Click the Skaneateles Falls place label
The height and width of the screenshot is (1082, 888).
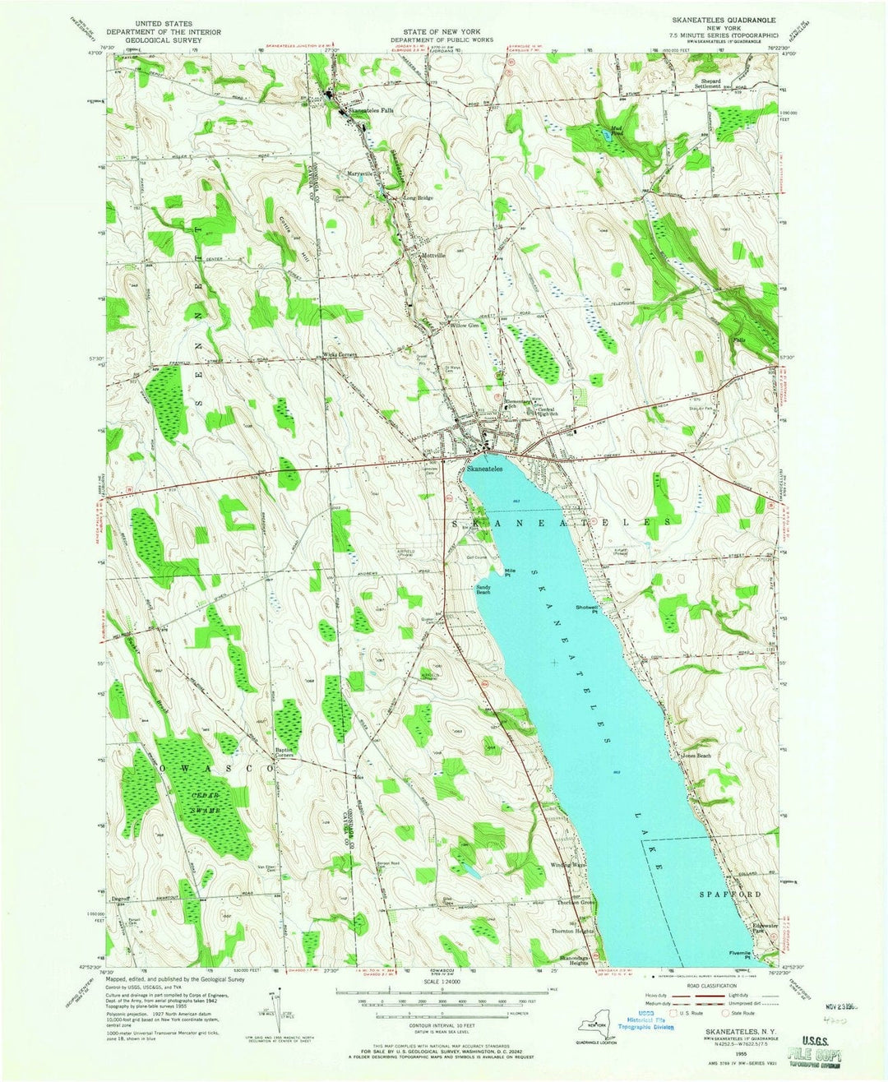[371, 110]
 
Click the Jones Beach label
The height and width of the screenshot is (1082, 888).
[696, 755]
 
